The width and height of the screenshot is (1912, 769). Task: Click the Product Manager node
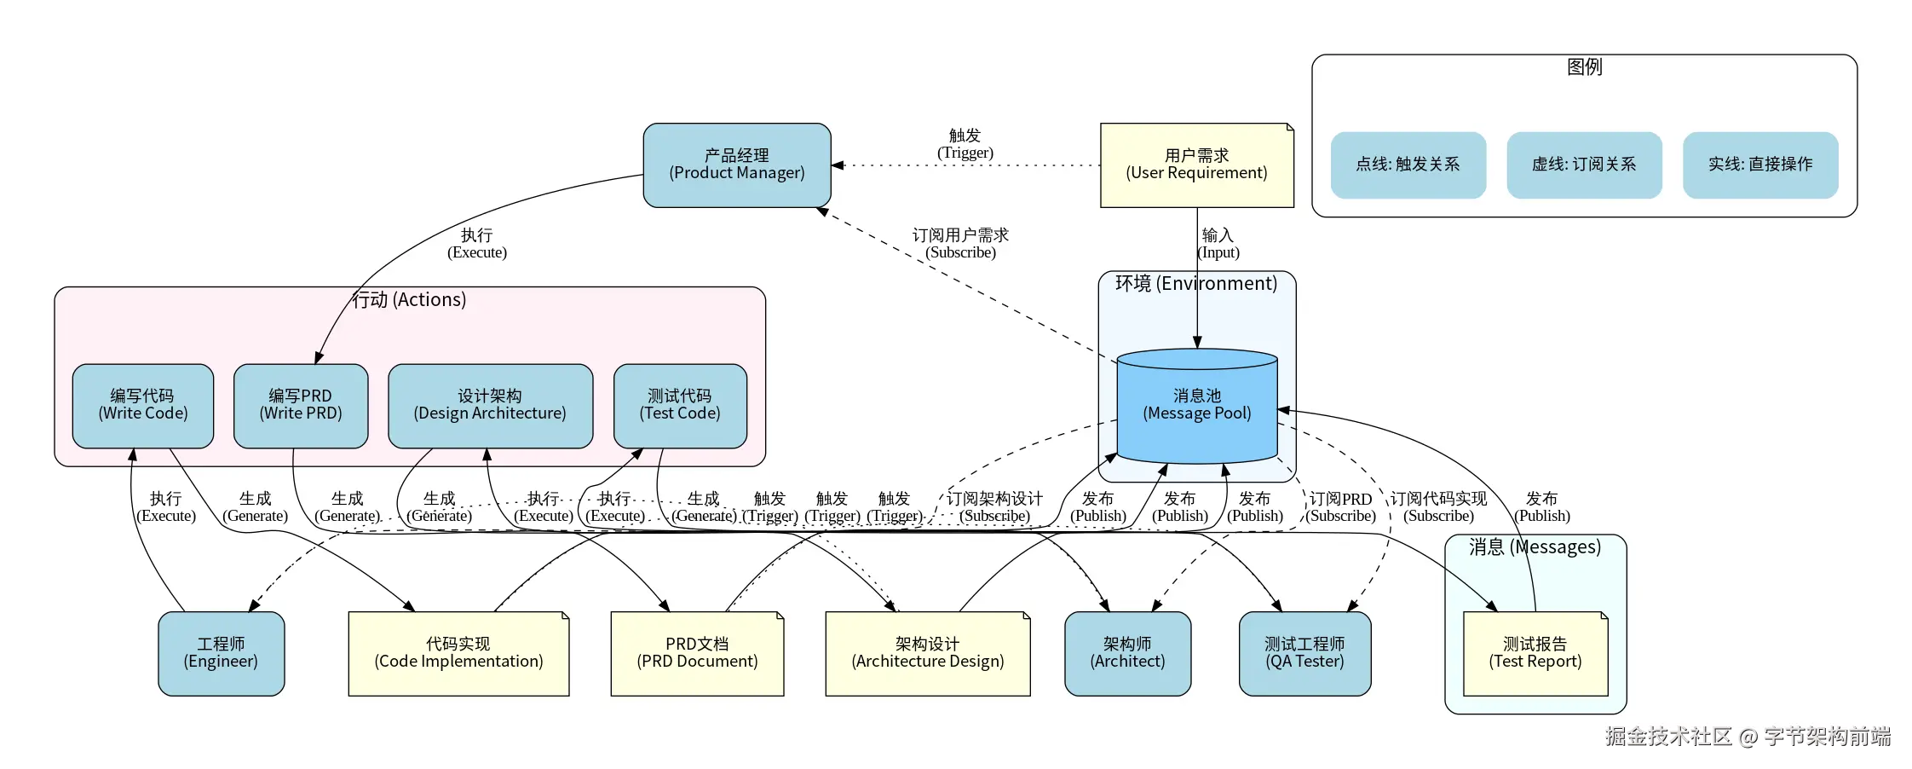click(737, 165)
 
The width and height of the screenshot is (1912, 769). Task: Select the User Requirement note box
click(1196, 165)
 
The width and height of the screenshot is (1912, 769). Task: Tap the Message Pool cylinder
click(1196, 406)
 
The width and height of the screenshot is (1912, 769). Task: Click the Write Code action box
click(143, 406)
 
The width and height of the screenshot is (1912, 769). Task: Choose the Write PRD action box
click(301, 406)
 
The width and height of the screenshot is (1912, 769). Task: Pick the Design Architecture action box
click(490, 406)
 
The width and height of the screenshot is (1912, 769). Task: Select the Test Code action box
click(680, 406)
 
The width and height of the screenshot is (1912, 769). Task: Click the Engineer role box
click(221, 653)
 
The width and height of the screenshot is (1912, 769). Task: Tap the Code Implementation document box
click(458, 653)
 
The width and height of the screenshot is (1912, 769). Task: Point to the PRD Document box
click(697, 653)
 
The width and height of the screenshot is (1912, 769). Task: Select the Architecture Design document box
click(927, 653)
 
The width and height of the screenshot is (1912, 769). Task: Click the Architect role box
click(1127, 653)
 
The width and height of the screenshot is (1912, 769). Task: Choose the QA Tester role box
click(1304, 653)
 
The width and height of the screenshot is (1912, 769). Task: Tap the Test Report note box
click(1535, 653)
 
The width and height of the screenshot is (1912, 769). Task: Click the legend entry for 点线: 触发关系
click(1408, 165)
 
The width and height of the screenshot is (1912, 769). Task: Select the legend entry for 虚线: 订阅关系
click(1584, 165)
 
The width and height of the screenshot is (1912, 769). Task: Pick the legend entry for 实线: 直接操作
click(1760, 165)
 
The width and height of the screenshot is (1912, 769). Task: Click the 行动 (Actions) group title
click(410, 300)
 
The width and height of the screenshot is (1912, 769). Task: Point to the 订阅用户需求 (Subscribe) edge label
click(960, 244)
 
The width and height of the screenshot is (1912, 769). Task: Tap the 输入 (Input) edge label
click(1218, 244)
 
